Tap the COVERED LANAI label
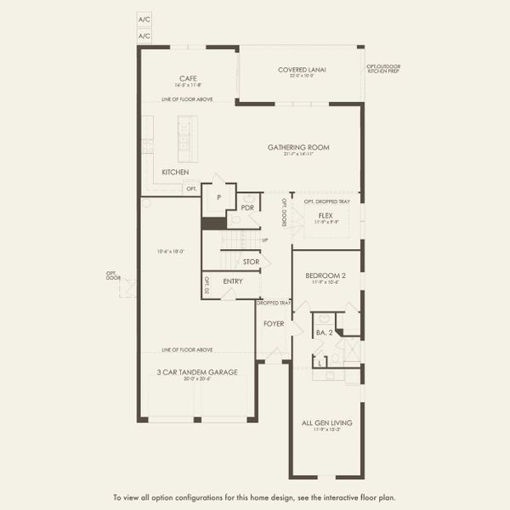tap(303, 70)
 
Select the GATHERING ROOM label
tap(298, 147)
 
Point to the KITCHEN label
tap(175, 172)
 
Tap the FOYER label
tap(273, 323)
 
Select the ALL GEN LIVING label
tap(326, 422)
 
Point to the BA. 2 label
tap(323, 332)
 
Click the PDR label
tap(248, 207)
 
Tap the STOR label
tap(251, 262)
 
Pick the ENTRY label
tap(233, 281)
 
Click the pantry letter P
tap(218, 197)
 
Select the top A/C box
tap(144, 18)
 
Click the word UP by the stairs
tap(265, 241)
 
